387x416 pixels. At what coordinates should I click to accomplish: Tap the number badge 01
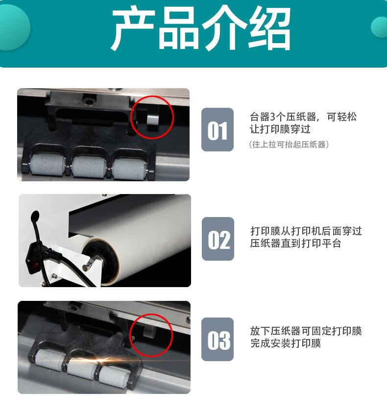218,130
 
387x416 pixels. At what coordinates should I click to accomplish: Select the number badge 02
218,239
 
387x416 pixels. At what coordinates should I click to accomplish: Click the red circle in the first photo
152,117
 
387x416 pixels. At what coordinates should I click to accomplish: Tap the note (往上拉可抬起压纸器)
289,145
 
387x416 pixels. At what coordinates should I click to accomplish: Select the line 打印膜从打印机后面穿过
306,231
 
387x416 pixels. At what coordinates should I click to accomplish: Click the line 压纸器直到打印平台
295,244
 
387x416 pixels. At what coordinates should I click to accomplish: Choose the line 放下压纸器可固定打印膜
306,331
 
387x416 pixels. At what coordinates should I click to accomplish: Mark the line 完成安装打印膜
285,344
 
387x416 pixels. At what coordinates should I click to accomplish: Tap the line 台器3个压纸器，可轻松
303,117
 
